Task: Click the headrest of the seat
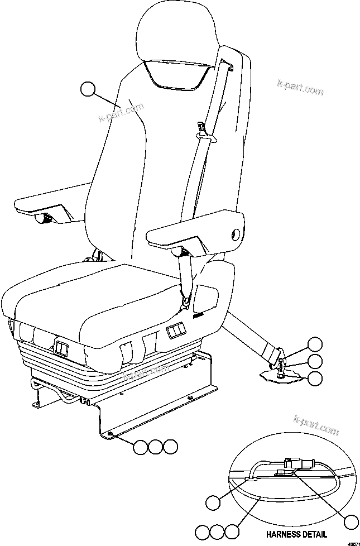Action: coord(176,33)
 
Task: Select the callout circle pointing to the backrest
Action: coord(88,89)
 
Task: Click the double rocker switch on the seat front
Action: coord(176,333)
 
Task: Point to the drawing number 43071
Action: coord(352,542)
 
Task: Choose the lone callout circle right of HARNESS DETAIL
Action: coord(351,522)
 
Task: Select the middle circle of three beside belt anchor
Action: coord(315,361)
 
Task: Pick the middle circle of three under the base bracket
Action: coord(155,446)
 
